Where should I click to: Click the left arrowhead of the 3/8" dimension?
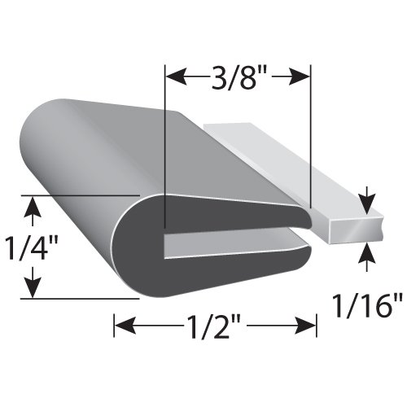(173, 77)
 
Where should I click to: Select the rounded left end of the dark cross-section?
(151, 236)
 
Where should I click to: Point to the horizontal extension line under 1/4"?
(81, 299)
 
